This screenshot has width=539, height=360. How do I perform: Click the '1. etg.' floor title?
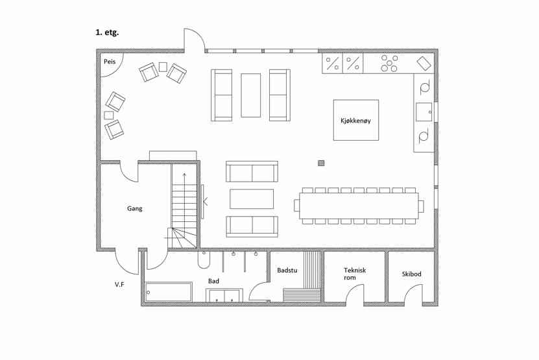coord(107,33)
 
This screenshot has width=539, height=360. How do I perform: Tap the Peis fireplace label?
coord(110,62)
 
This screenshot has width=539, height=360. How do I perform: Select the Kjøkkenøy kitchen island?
coord(356,120)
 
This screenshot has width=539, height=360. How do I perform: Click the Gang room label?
coord(134,208)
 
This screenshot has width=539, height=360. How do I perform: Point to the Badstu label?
coord(287,270)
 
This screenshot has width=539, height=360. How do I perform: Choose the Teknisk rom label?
coord(355,274)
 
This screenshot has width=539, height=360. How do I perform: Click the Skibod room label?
coord(411,274)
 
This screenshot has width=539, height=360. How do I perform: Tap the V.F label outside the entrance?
coord(119,284)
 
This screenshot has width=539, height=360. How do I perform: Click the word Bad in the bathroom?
coord(213,282)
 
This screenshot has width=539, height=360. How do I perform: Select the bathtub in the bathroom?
coord(169,292)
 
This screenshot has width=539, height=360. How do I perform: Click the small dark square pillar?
coord(321,163)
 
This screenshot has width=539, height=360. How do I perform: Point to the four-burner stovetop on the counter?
coord(389,64)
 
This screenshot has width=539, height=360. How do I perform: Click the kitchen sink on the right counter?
coord(424,112)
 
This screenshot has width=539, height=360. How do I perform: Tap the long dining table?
coord(359,206)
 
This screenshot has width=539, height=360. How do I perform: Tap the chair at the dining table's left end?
coord(296,206)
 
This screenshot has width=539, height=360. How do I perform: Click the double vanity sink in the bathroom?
coord(224,295)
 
